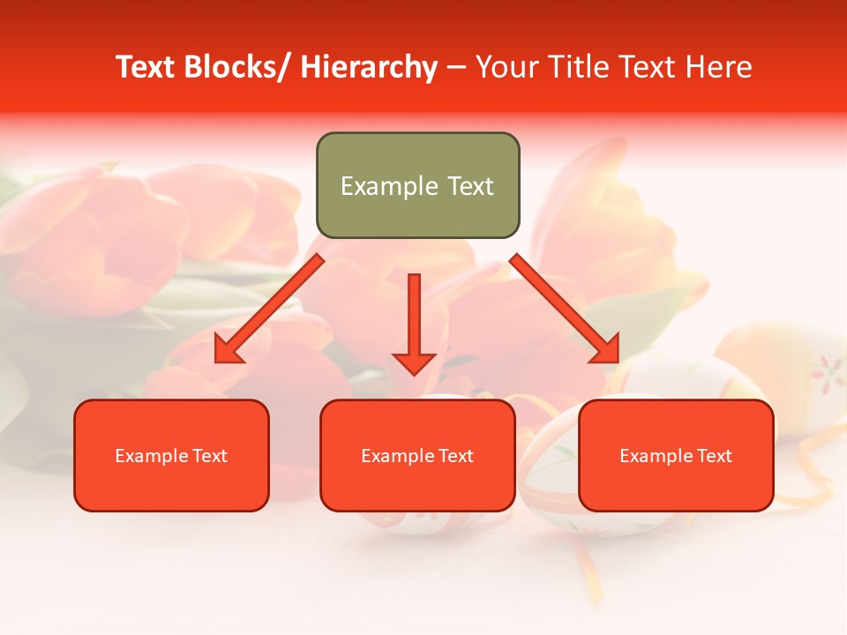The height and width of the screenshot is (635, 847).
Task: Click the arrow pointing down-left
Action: click(269, 309)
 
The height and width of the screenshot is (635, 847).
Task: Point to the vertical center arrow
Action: click(414, 317)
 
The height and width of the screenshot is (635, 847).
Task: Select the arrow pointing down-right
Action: click(565, 309)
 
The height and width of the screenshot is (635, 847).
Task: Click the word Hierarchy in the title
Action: click(369, 68)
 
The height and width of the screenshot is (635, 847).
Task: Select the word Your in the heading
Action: click(507, 68)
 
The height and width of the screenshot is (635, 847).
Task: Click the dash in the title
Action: click(456, 68)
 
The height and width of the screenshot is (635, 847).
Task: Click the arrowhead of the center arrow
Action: click(414, 362)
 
